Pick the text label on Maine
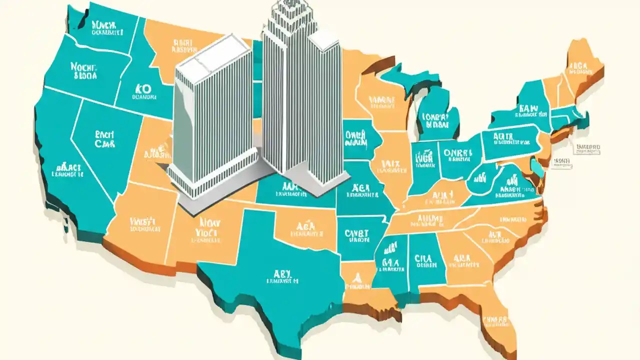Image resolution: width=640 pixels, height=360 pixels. pos(580,67)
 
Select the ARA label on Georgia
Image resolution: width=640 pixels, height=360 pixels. pos(461,260)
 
